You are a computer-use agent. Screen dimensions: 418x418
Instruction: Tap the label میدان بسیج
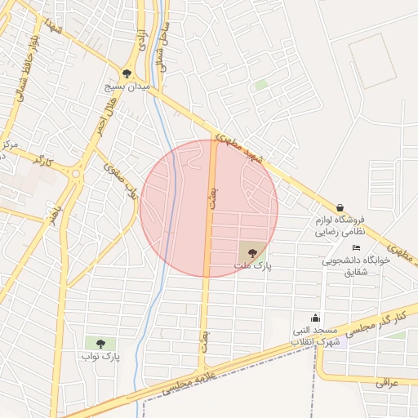coord(127,85)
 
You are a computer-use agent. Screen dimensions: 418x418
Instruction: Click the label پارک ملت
coord(253,265)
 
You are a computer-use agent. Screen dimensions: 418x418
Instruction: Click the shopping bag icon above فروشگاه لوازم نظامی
coord(340,207)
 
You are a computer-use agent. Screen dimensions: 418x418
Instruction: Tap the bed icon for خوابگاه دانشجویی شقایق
coord(355,247)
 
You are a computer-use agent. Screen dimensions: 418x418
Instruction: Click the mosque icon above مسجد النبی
coord(316,318)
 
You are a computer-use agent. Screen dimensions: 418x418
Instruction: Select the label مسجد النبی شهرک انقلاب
coord(316,335)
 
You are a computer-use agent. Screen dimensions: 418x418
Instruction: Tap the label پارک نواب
coord(100,357)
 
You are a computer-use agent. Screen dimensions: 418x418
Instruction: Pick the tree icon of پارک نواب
coord(100,344)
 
